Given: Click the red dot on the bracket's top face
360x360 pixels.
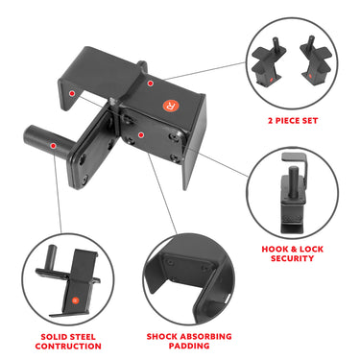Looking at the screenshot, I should click(152, 84).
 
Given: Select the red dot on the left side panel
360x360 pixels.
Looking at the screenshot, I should click(70, 92).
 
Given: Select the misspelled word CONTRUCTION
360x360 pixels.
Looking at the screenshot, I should click(69, 347).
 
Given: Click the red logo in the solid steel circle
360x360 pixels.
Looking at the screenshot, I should click(74, 301).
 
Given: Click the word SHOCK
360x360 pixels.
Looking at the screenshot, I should click(165, 337).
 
